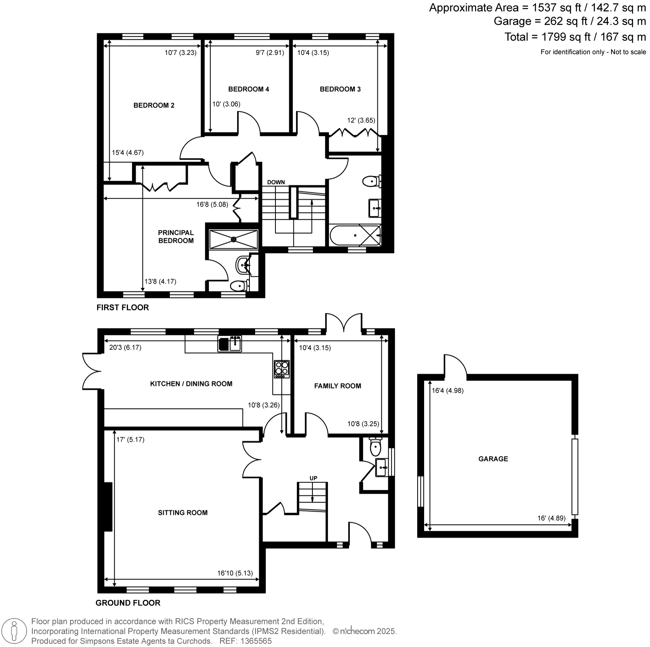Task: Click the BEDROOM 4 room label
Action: pyautogui.click(x=249, y=89)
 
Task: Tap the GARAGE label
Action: pyautogui.click(x=493, y=459)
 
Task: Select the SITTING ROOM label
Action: pyautogui.click(x=183, y=512)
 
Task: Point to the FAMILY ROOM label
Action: pyautogui.click(x=338, y=386)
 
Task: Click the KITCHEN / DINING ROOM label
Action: pyautogui.click(x=191, y=384)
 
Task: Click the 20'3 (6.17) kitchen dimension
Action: pyautogui.click(x=125, y=347)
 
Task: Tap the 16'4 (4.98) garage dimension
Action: pyautogui.click(x=448, y=391)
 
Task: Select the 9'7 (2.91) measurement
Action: pyautogui.click(x=270, y=52)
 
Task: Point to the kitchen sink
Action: pyautogui.click(x=230, y=344)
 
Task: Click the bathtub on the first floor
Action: pyautogui.click(x=355, y=235)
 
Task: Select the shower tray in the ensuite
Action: pyautogui.click(x=234, y=239)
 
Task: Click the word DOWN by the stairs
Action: pyautogui.click(x=276, y=182)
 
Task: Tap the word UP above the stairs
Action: pyautogui.click(x=313, y=478)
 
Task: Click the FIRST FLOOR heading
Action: pyautogui.click(x=123, y=307)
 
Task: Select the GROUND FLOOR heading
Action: pyautogui.click(x=128, y=603)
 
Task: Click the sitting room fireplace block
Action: pyautogui.click(x=108, y=507)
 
